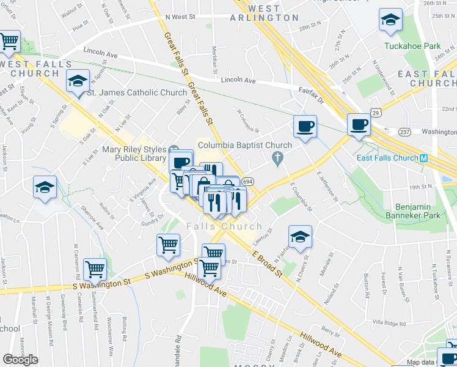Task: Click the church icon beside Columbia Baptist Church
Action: pos(278,160)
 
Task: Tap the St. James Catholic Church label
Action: pos(136,93)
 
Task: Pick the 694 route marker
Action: pos(247,182)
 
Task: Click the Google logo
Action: pos(21,359)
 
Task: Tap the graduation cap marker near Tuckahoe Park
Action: pos(390,21)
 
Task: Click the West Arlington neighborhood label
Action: pos(256,13)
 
